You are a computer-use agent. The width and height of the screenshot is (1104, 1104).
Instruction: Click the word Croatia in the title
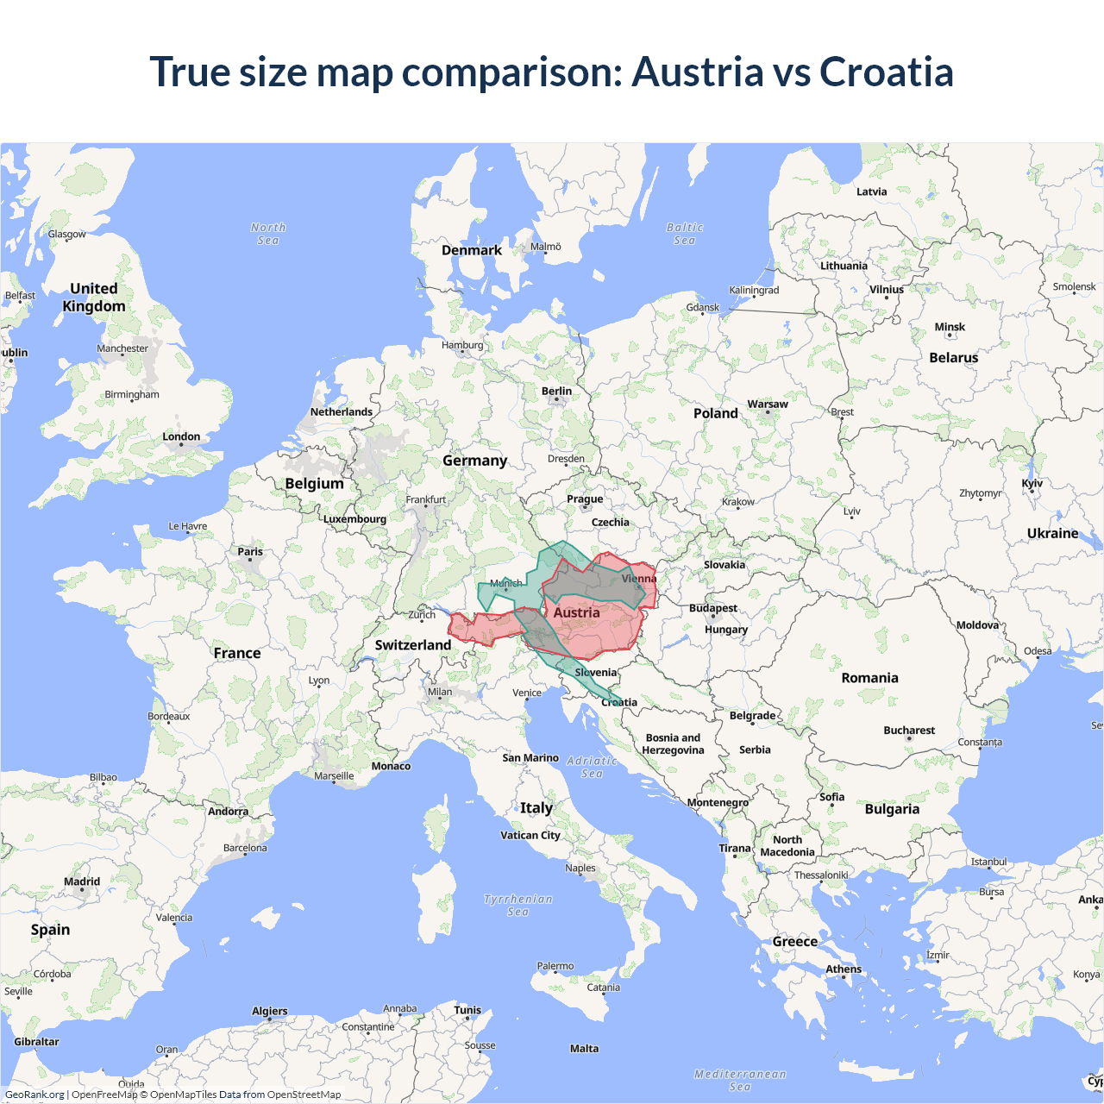pos(886,72)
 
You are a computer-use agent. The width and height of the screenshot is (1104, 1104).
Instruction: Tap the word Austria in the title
pos(697,72)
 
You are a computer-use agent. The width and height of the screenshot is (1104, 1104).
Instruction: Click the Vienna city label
pos(638,579)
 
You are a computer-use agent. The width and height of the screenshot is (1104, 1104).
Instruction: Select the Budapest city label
pos(712,608)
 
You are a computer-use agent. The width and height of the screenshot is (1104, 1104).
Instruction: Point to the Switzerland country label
pos(412,645)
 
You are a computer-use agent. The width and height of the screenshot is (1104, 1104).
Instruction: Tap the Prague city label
pos(585,499)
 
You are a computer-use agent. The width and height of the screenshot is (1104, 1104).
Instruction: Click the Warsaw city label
pos(767,404)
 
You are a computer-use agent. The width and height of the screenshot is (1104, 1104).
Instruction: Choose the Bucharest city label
pos(908,731)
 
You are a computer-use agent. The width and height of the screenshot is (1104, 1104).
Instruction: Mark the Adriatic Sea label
pos(592,767)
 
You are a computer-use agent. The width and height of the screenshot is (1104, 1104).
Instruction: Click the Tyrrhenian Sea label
pos(517,905)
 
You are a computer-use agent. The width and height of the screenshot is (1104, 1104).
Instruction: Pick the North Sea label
pos(268,234)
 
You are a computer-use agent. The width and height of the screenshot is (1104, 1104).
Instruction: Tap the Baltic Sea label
pos(685,234)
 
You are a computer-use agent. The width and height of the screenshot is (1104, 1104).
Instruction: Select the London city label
pos(181,436)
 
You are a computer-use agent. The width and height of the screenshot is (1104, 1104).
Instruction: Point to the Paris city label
pos(250,552)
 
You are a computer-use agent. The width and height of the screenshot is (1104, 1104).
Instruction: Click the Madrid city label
pos(82,881)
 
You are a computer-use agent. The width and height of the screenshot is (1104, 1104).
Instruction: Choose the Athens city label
pos(844,969)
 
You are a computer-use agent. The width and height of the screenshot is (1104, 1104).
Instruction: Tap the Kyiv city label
pos(1032,483)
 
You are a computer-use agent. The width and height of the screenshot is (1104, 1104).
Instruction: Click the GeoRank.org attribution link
pos(34,1095)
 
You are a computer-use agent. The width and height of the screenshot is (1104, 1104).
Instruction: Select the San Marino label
pos(530,758)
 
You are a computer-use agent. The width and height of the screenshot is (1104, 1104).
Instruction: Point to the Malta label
pos(584,1049)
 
